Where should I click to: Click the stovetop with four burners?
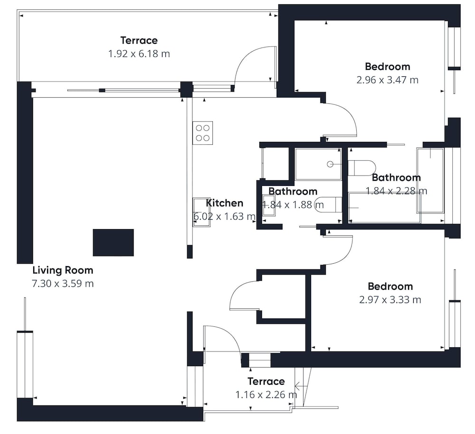pyautogui.click(x=202, y=133)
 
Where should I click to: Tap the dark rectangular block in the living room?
pyautogui.click(x=114, y=242)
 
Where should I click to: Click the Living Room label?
pyautogui.click(x=63, y=270)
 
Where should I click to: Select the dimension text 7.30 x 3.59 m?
pyautogui.click(x=63, y=284)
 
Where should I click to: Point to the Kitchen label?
pyautogui.click(x=225, y=203)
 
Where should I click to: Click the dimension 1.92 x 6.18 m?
pyautogui.click(x=139, y=54)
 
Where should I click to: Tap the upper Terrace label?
pyautogui.click(x=139, y=40)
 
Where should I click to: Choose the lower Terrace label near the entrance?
pyautogui.click(x=266, y=381)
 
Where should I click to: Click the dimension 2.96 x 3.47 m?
pyautogui.click(x=388, y=80)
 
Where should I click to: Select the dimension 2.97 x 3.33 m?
pyautogui.click(x=390, y=300)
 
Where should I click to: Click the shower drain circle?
pyautogui.click(x=330, y=164)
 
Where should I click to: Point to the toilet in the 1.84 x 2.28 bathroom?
pyautogui.click(x=361, y=168)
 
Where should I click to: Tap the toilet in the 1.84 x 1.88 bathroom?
pyautogui.click(x=328, y=205)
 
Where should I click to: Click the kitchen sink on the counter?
pyautogui.click(x=201, y=212)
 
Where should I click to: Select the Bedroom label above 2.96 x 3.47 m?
pyautogui.click(x=388, y=66)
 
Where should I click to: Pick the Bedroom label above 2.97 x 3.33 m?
pyautogui.click(x=390, y=286)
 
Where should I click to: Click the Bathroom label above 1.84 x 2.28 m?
pyautogui.click(x=396, y=177)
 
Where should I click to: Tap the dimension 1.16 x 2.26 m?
pyautogui.click(x=266, y=395)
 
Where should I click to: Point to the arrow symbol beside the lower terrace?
pyautogui.click(x=301, y=386)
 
